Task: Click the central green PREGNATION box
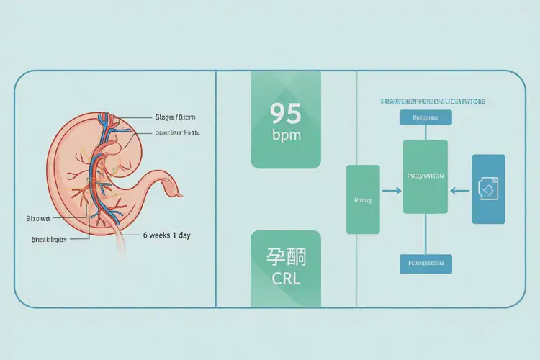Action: click(x=425, y=176)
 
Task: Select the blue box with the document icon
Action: click(x=487, y=188)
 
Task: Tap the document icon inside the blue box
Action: click(x=487, y=189)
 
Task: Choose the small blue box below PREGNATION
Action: click(x=425, y=264)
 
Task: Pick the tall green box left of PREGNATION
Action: click(x=363, y=199)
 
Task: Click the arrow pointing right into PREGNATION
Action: click(x=392, y=191)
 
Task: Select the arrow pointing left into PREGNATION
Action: click(x=459, y=191)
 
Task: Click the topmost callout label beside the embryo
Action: click(x=175, y=117)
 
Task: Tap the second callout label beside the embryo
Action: click(x=177, y=133)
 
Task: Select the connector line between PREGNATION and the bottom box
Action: click(x=425, y=233)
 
